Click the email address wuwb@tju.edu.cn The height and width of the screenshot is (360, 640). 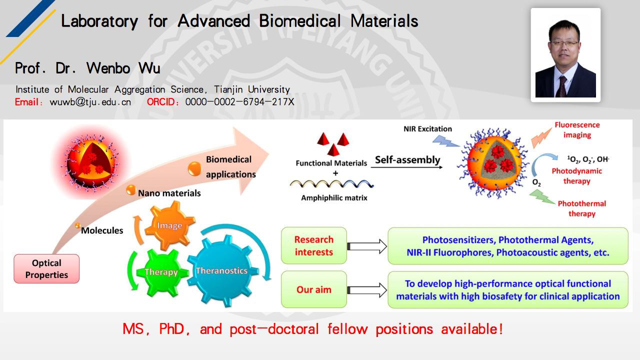point(90,102)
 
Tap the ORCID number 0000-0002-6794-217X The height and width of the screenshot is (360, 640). point(239,102)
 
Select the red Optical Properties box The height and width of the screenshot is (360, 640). point(46,269)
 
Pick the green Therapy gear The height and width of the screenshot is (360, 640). point(161,272)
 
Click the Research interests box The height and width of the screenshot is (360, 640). point(314,246)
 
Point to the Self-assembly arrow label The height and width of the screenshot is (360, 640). point(407,160)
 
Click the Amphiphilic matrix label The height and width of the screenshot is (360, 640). point(334,198)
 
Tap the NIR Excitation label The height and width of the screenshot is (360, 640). point(427,129)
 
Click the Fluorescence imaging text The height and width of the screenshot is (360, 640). point(577,130)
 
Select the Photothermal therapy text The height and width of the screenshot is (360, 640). point(581,208)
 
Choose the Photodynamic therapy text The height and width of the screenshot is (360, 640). point(576,176)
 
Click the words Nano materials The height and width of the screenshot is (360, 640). point(169,193)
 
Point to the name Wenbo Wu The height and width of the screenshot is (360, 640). point(123,68)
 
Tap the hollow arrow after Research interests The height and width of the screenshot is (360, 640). point(367,246)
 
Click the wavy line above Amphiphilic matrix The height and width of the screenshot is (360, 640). point(333,184)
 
